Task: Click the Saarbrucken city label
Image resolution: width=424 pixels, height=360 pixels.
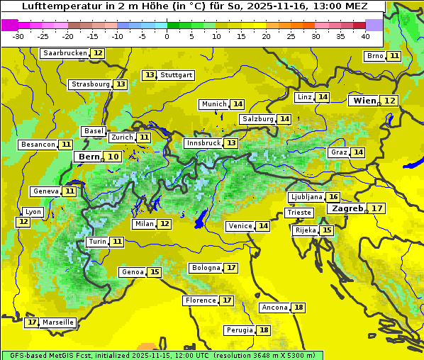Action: [x=65, y=53]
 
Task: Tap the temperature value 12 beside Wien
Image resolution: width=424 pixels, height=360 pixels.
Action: [x=390, y=101]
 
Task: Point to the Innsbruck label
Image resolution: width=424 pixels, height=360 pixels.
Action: [x=203, y=143]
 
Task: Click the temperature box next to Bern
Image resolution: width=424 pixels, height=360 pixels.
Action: [x=113, y=157]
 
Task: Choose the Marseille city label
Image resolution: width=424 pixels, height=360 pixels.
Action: [x=58, y=322]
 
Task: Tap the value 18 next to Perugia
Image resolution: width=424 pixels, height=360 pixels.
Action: [x=264, y=330]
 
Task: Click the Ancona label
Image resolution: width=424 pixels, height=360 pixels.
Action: [x=274, y=308]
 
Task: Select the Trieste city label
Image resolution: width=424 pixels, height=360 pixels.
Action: [x=299, y=213]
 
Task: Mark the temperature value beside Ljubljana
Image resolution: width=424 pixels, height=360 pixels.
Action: [x=333, y=197]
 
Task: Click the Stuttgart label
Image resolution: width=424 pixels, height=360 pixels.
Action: [x=177, y=75]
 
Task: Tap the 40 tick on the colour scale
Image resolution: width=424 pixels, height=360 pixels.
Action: [x=365, y=35]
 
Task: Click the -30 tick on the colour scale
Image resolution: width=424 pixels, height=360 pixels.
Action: [x=18, y=35]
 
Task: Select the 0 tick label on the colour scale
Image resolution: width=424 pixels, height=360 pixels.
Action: [x=167, y=35]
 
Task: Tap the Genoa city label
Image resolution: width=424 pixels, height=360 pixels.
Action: [x=133, y=272]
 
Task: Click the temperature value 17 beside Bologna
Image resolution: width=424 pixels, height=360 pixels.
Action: [x=231, y=268]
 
